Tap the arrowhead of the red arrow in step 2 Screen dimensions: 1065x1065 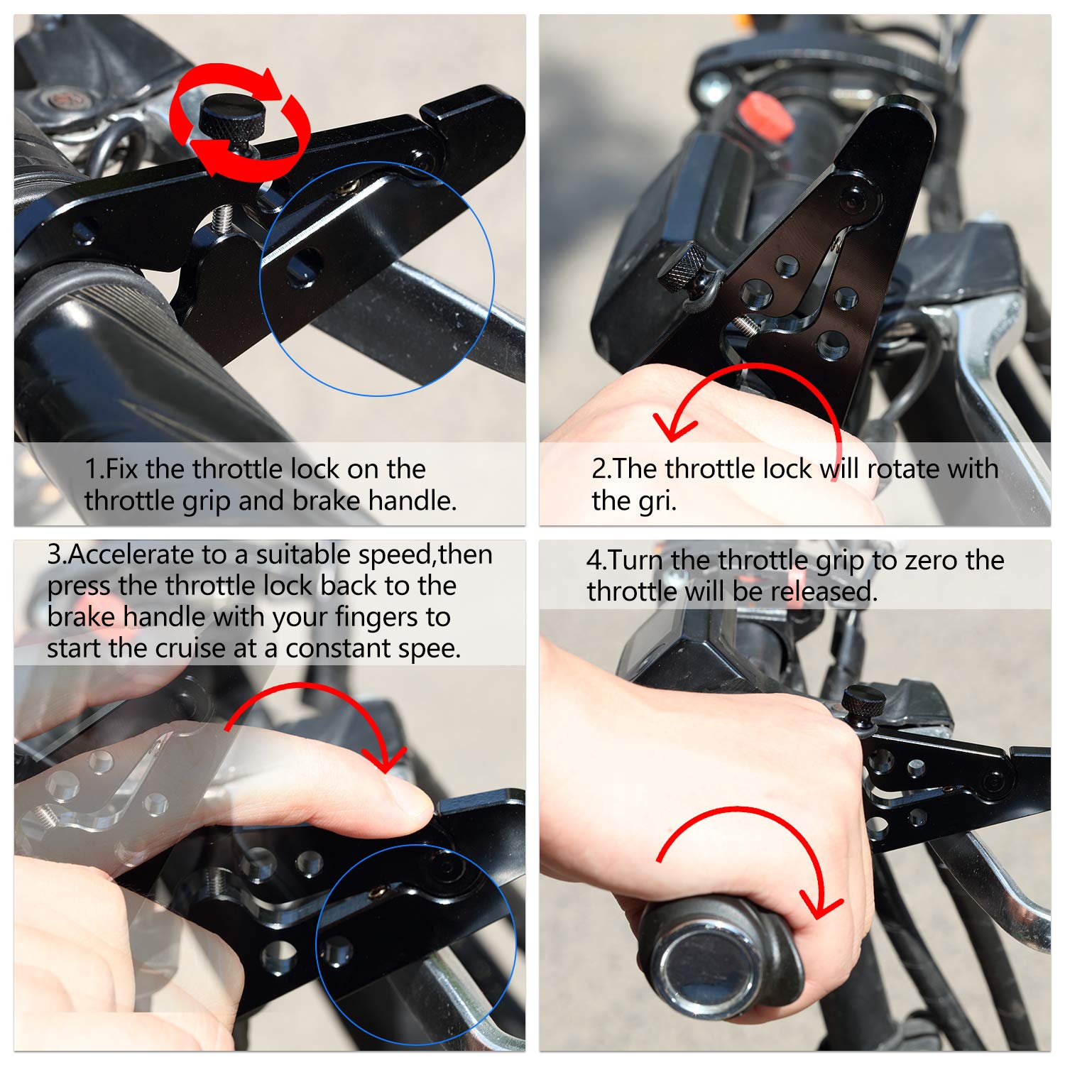(671, 429)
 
